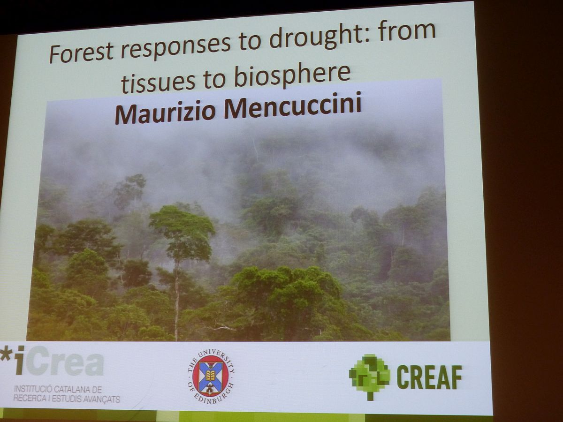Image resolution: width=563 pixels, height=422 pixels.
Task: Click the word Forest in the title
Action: coord(81,53)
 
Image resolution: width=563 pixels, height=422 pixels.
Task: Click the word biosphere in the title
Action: coord(292,73)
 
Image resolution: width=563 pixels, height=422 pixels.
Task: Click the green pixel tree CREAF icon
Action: coord(369,377)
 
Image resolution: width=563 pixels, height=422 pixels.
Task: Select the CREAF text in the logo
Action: coord(429,377)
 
